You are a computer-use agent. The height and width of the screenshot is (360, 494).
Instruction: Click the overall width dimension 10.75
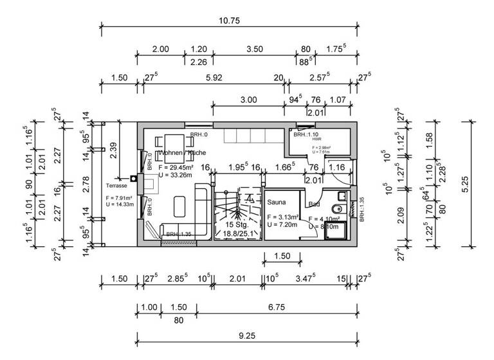coord(229,21)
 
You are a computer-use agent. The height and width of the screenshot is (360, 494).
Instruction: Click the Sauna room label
coord(277,202)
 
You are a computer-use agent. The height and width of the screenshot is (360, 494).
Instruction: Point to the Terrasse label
coord(117,185)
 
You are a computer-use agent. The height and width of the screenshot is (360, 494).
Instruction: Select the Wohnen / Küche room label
coord(182,153)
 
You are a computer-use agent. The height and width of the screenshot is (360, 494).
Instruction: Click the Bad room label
coord(314,204)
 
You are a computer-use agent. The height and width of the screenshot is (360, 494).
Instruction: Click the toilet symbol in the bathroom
coord(334,209)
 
